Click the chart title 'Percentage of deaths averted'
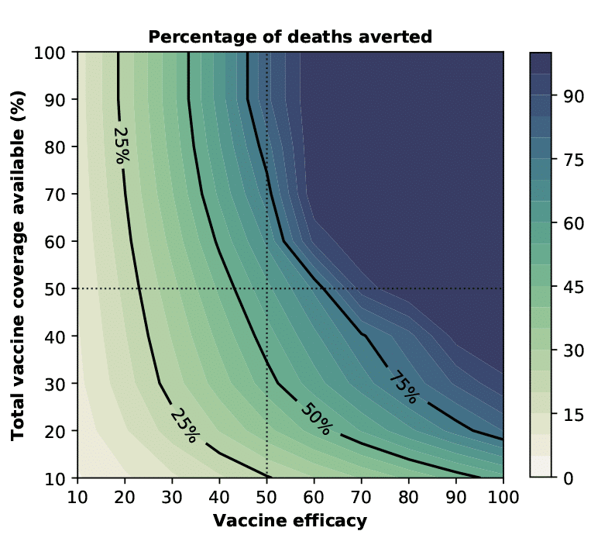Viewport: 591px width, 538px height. (290, 36)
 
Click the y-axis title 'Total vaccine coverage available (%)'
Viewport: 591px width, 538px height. (19, 264)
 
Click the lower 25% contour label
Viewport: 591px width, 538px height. (184, 424)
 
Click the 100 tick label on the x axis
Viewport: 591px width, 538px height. (503, 496)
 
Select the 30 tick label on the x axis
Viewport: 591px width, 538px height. (172, 496)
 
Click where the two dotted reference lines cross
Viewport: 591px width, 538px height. (266, 288)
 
